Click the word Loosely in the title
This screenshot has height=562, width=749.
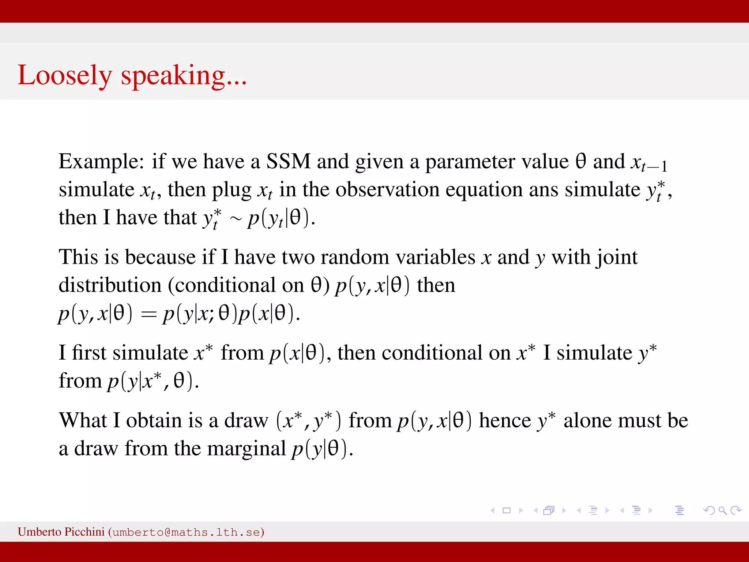(64, 75)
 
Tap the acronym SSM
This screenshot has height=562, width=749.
(288, 161)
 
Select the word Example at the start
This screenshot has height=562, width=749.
(101, 161)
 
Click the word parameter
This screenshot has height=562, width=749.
(496, 161)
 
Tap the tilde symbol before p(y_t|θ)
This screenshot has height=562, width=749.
(236, 219)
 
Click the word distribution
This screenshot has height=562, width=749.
(110, 285)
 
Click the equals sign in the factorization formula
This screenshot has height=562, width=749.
(148, 314)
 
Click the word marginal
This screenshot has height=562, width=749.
(246, 448)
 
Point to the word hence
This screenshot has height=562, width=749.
(505, 420)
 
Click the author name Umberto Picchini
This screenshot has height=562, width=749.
(61, 532)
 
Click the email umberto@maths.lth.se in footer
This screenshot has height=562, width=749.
(186, 532)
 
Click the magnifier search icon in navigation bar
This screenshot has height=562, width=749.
(722, 510)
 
